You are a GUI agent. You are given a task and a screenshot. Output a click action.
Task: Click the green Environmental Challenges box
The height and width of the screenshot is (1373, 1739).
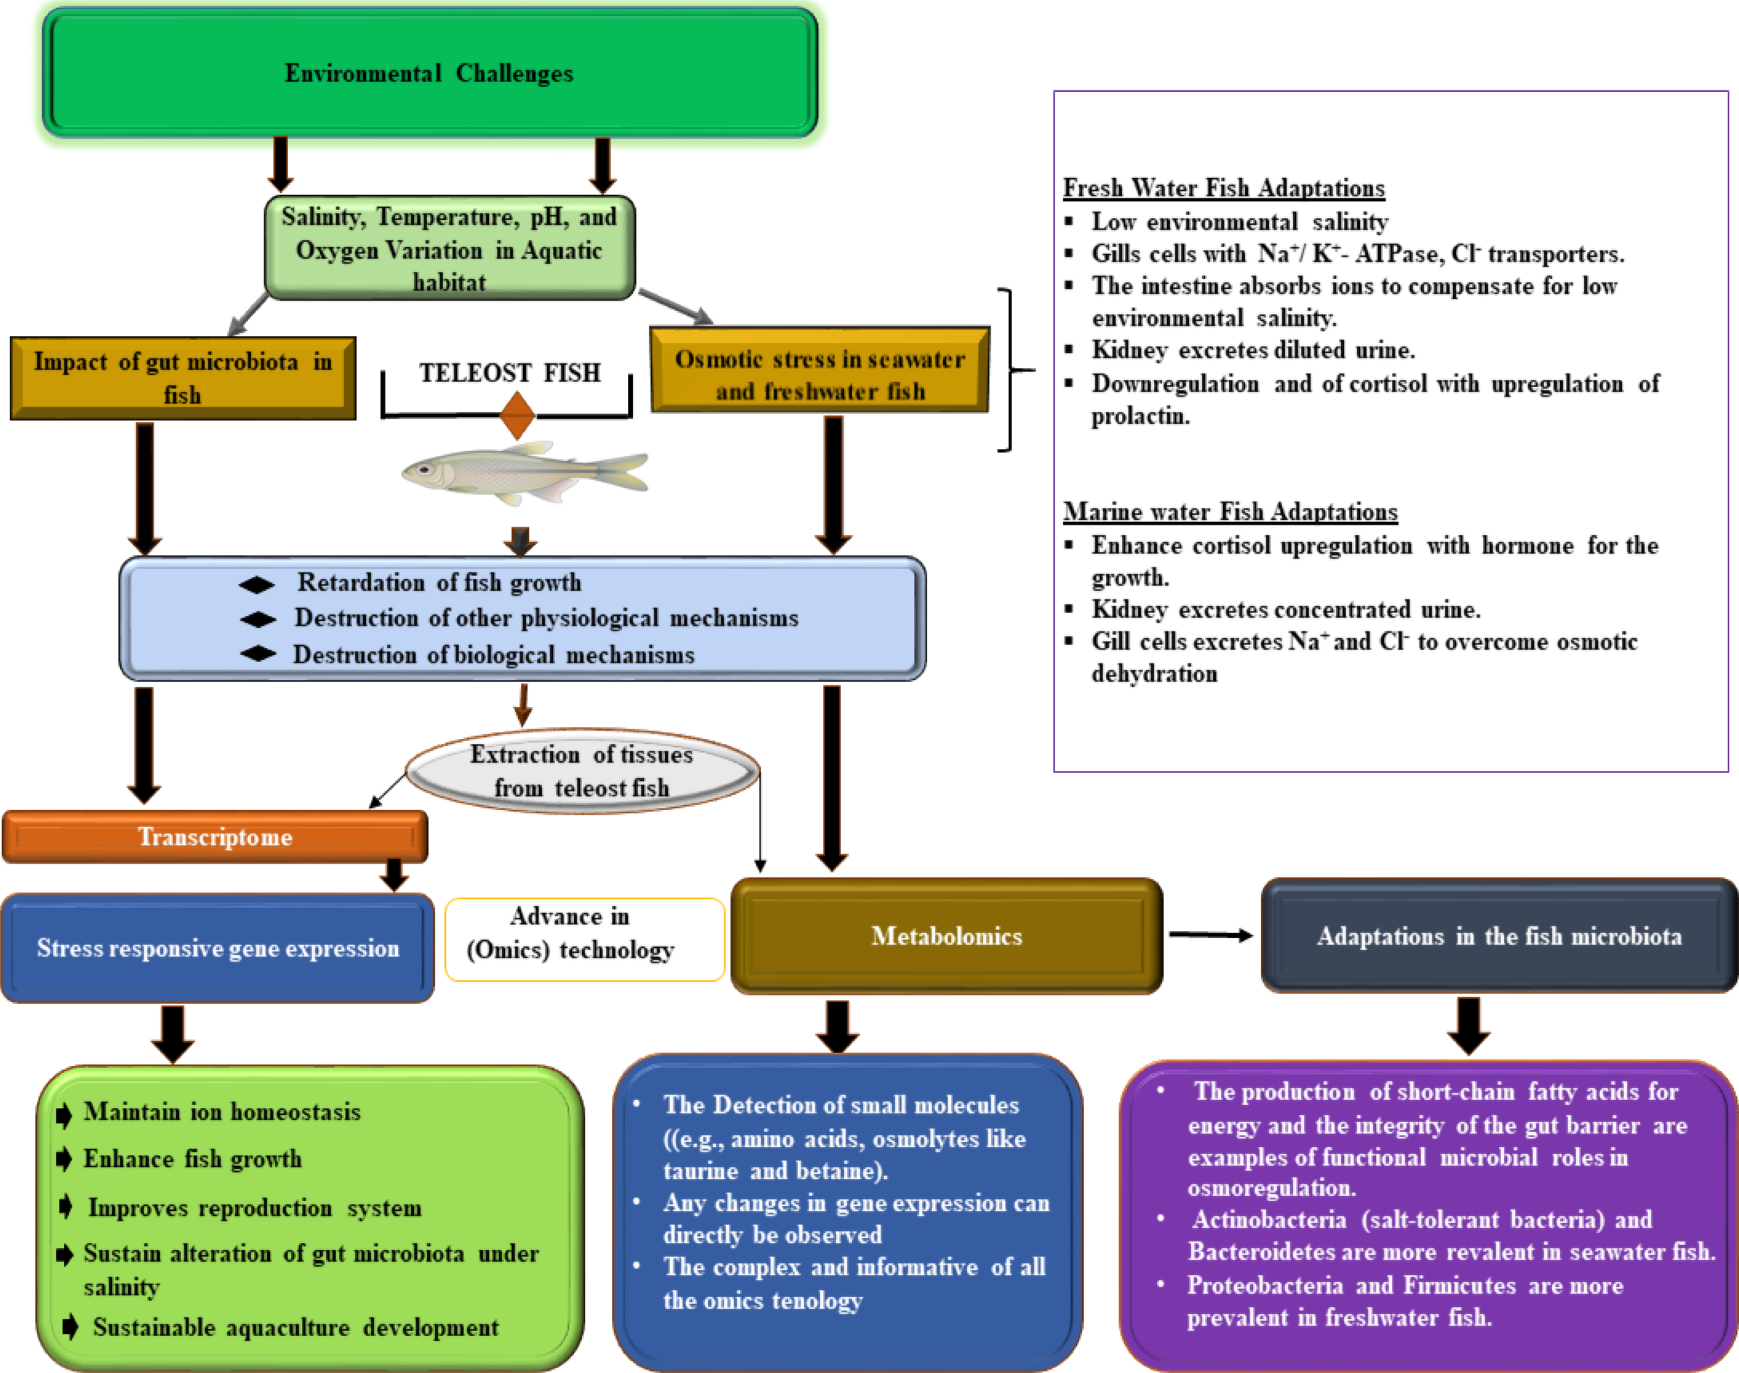coord(430,73)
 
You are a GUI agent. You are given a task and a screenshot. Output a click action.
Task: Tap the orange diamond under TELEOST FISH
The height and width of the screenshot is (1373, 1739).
coord(517,415)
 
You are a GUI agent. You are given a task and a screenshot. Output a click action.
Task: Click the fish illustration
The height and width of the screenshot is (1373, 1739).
coord(524,472)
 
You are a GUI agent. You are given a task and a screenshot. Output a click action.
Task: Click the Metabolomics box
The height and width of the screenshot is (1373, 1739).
coord(946,936)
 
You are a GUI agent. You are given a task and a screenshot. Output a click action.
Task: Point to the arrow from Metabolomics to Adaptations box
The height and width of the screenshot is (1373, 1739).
coord(1210,935)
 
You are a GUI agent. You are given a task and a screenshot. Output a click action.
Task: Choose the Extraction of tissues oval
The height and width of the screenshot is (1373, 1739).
coord(582,771)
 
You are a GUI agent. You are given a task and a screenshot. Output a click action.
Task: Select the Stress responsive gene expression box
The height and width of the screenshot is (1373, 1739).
coord(217,949)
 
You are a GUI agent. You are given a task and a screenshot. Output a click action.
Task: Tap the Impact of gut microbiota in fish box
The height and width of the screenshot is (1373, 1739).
coord(182,378)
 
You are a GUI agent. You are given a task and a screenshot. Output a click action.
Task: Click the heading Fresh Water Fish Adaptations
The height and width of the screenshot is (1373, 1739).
coord(1223,188)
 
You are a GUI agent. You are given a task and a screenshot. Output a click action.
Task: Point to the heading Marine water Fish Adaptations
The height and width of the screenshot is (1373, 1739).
coord(1230,511)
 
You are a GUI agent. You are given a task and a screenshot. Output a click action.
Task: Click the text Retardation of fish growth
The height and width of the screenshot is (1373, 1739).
coord(439,582)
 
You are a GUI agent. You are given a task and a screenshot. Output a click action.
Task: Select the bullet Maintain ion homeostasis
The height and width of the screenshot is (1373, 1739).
coord(222,1112)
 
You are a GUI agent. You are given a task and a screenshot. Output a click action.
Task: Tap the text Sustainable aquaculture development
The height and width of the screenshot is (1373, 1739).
coord(295,1327)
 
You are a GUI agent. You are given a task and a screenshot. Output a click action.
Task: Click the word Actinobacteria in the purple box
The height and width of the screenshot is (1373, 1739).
coord(1268,1219)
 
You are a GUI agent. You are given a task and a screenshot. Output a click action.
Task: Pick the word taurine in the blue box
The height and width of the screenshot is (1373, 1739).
coord(699,1170)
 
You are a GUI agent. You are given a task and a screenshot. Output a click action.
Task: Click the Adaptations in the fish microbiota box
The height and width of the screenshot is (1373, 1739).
coord(1499,936)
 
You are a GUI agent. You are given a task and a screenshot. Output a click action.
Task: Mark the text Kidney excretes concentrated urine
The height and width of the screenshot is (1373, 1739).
coord(1285,610)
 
